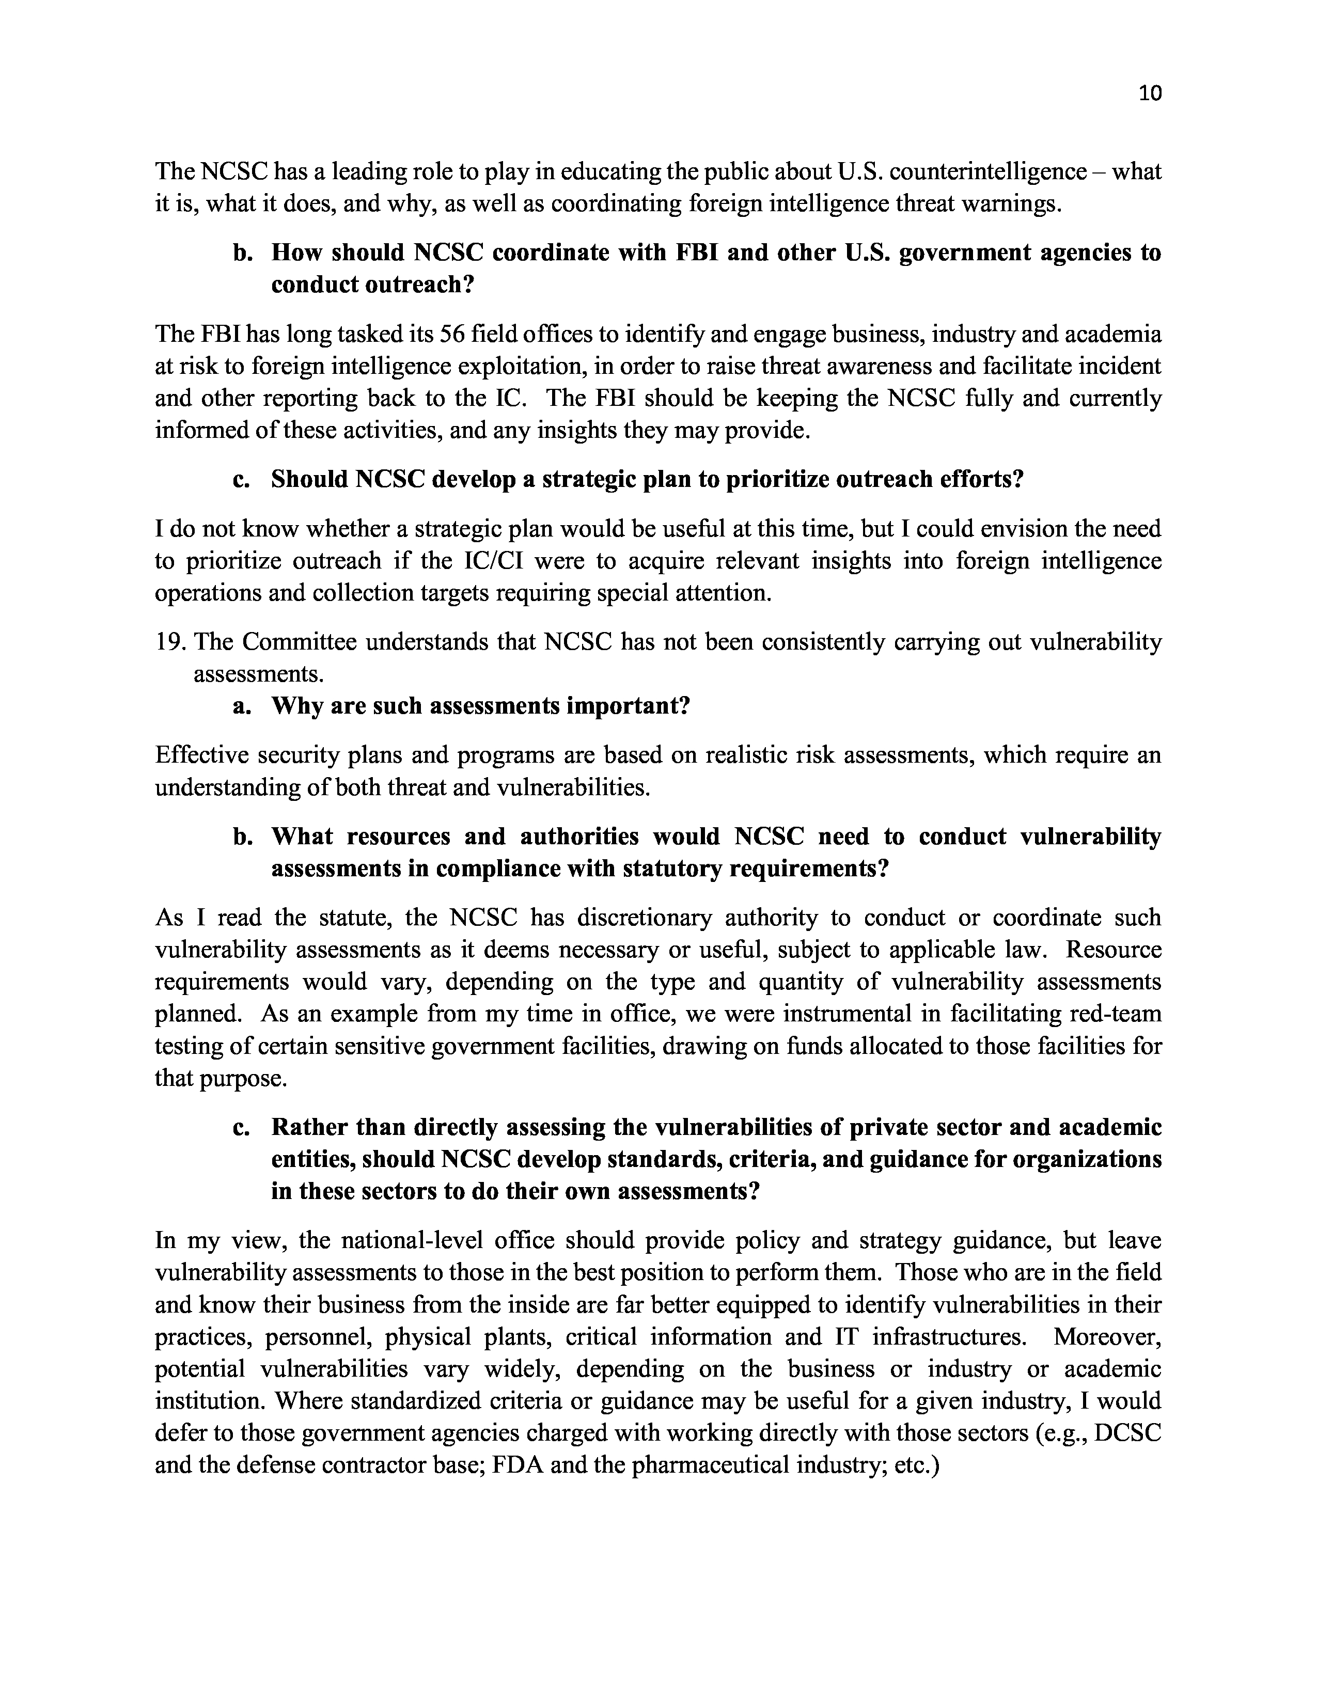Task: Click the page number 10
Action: point(1150,93)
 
